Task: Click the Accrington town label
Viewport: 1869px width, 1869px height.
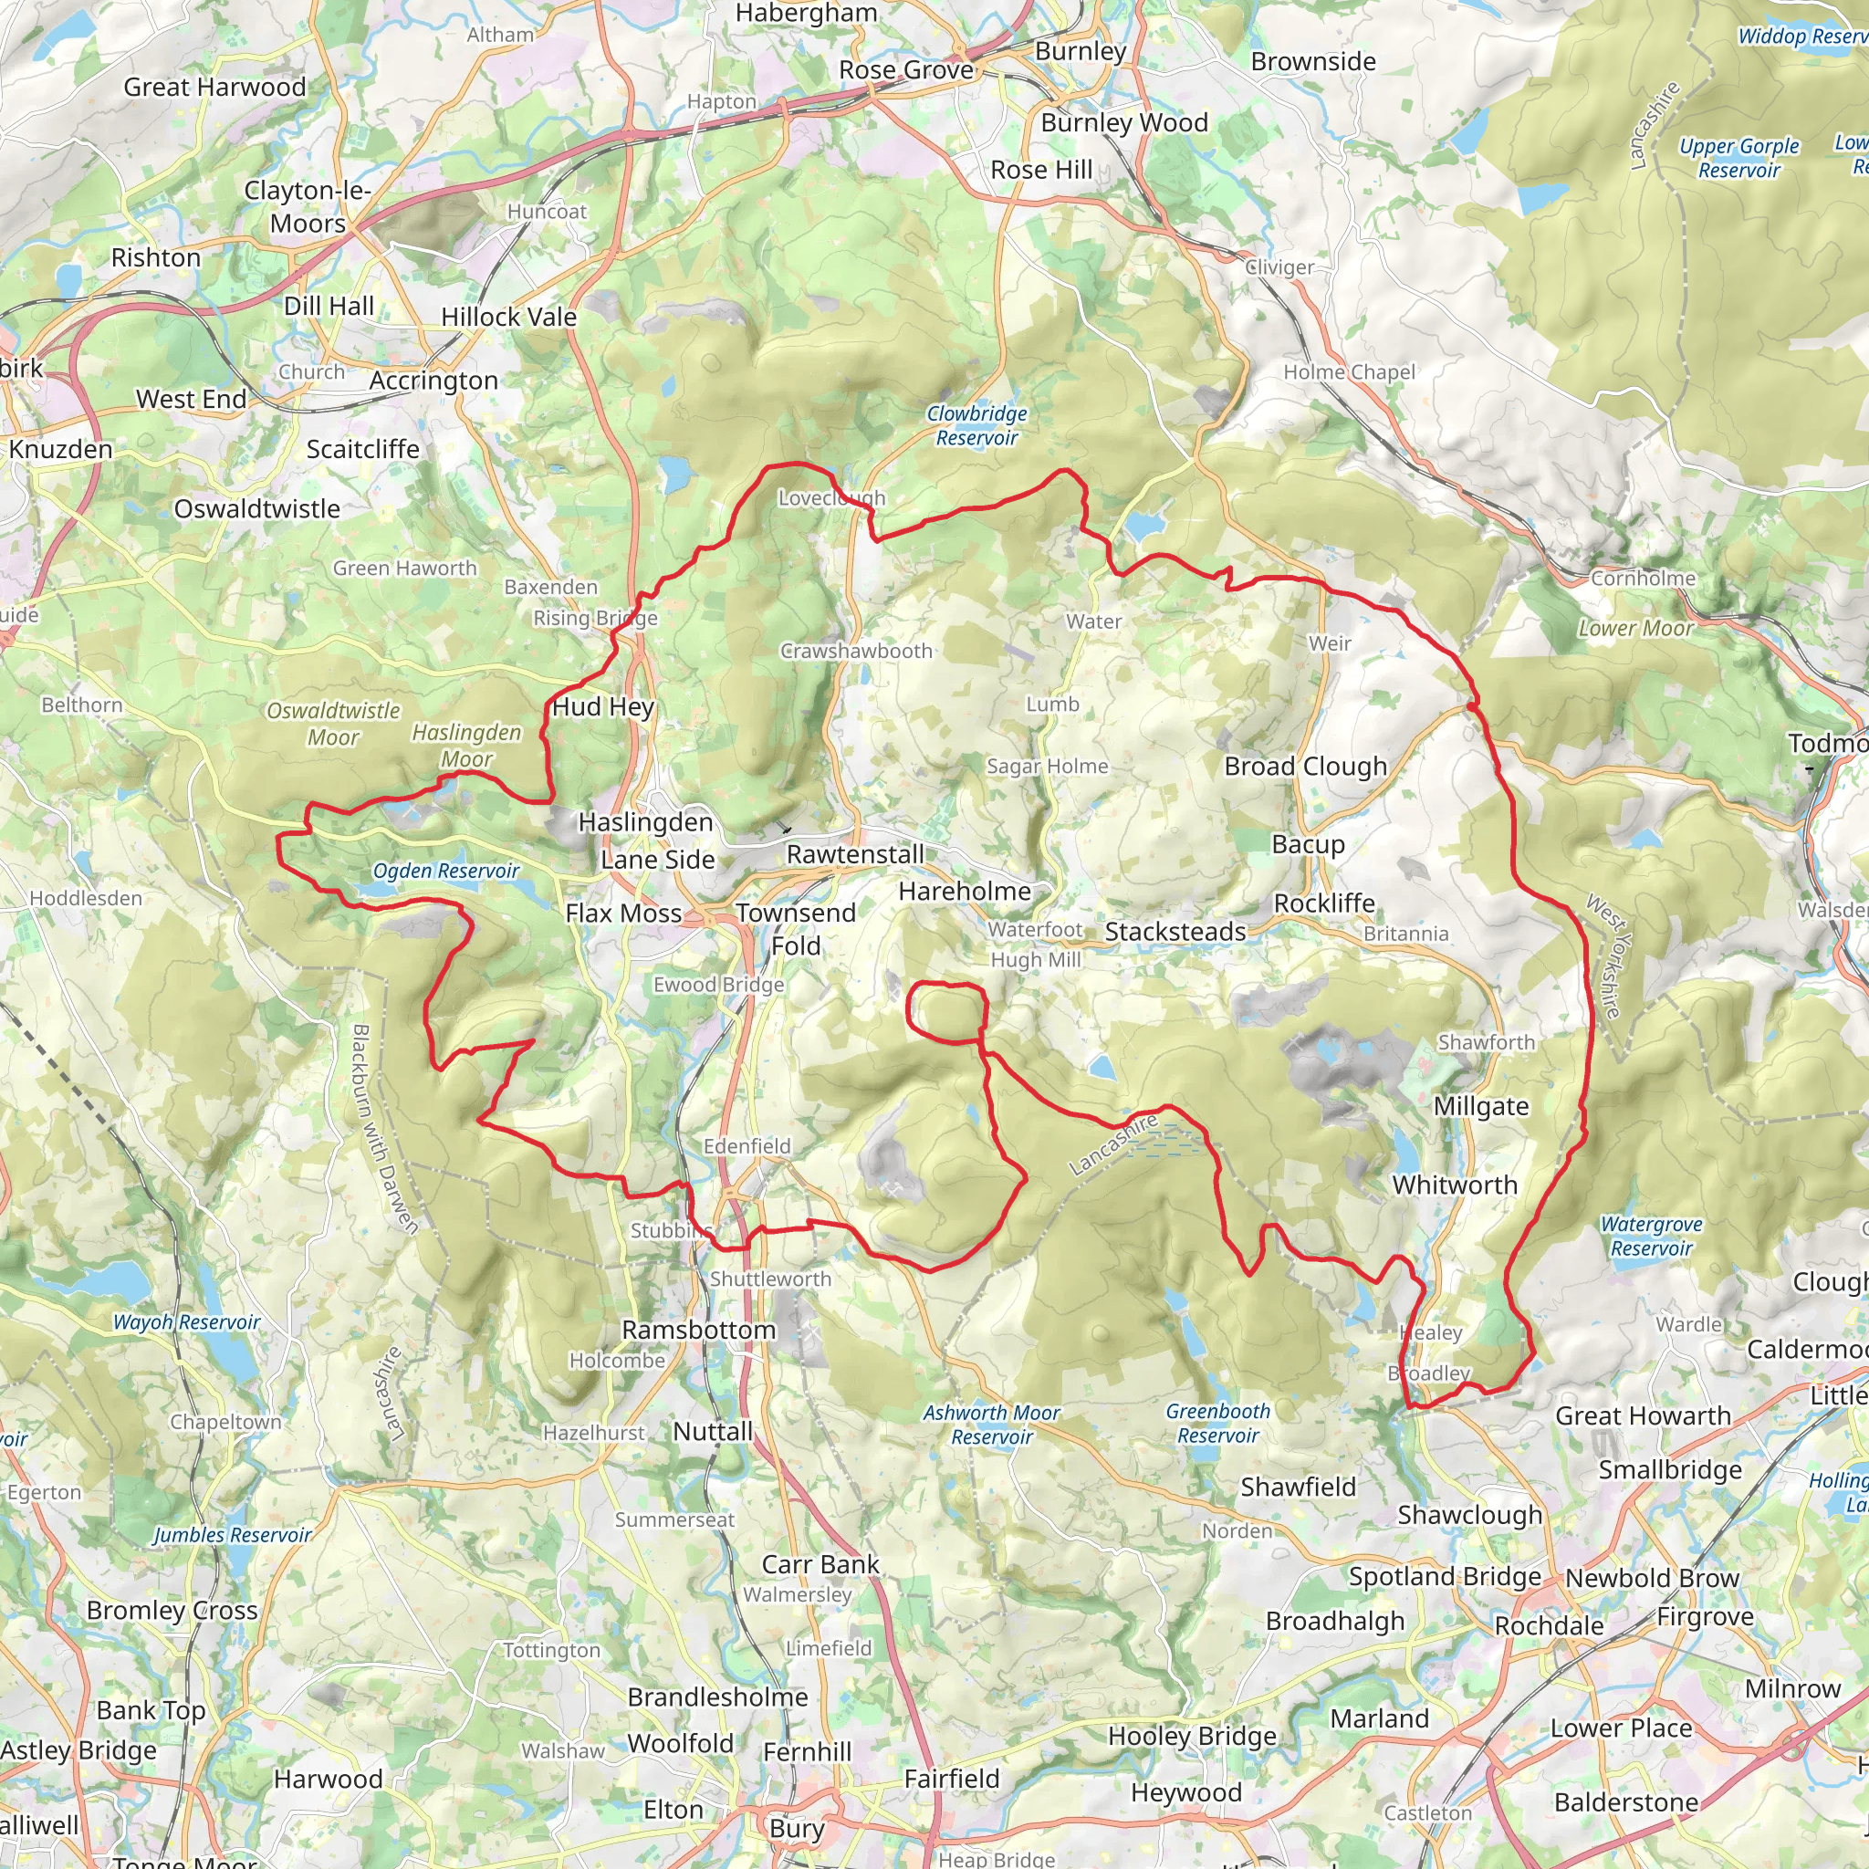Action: click(x=433, y=381)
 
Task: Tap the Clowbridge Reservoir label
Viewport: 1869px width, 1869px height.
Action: click(x=977, y=425)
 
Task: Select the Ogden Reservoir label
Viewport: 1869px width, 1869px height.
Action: click(x=446, y=871)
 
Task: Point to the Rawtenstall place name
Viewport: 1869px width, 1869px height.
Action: click(x=855, y=854)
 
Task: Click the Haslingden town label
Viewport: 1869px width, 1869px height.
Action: click(x=645, y=822)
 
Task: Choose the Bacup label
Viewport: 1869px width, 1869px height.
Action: click(x=1308, y=843)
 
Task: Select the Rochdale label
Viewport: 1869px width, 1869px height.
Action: click(x=1549, y=1625)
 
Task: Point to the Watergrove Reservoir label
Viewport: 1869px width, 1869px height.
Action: click(x=1650, y=1237)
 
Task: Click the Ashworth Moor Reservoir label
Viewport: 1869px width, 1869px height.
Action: click(x=992, y=1424)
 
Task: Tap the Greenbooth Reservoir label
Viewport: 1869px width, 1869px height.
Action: click(x=1218, y=1423)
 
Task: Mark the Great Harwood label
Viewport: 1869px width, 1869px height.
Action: click(x=214, y=87)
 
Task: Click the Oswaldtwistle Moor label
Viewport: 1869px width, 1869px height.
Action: click(x=333, y=724)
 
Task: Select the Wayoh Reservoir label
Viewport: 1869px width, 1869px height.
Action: click(x=187, y=1322)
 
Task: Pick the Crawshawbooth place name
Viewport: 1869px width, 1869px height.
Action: click(x=856, y=651)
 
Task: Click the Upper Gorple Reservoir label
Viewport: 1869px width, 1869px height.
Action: click(x=1738, y=159)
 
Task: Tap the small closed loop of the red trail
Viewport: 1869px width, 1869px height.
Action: click(x=947, y=1012)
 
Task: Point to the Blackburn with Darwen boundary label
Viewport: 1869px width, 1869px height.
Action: click(x=384, y=1128)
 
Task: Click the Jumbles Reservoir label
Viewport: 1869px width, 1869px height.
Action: click(x=232, y=1535)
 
